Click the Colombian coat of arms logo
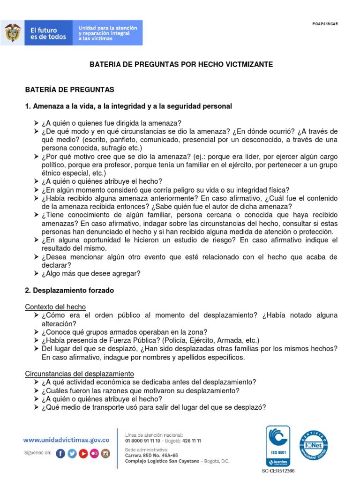click(13, 33)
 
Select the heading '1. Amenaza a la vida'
click(128, 106)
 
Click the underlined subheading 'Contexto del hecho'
click(55, 307)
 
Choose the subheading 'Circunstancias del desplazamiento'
click(79, 374)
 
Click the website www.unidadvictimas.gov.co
click(67, 440)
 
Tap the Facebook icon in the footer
click(60, 453)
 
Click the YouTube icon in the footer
click(83, 453)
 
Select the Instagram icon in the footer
click(105, 453)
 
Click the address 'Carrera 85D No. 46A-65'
click(151, 455)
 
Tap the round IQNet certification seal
click(314, 444)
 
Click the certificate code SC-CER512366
click(278, 470)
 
